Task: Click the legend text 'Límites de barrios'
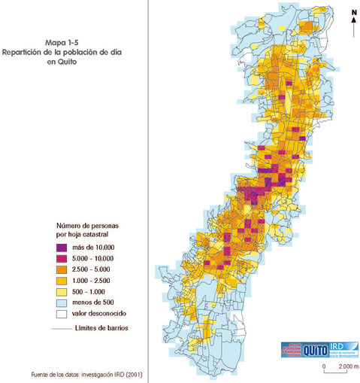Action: tap(102, 328)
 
